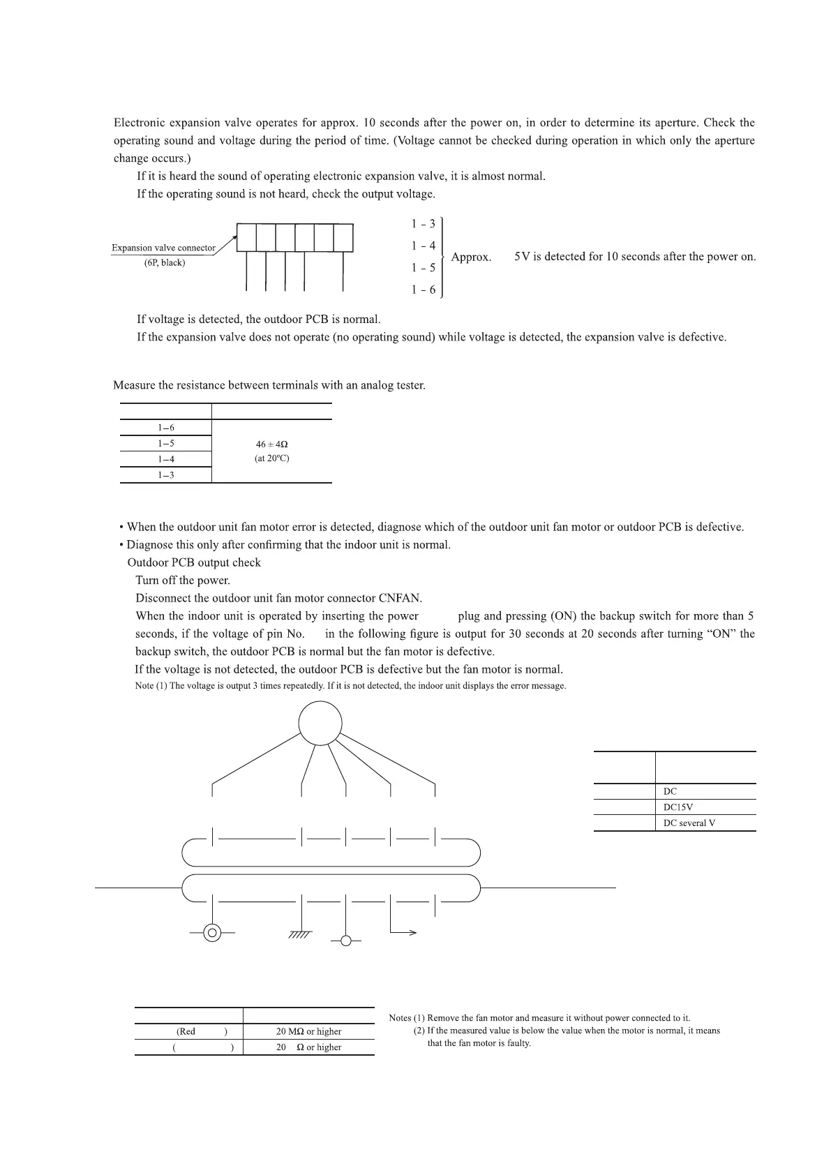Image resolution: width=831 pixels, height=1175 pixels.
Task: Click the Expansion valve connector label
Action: pyautogui.click(x=164, y=248)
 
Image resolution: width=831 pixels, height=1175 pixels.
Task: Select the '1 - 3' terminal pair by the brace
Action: pyautogui.click(x=423, y=224)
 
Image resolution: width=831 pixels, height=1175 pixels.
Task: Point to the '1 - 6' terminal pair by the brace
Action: pyautogui.click(x=423, y=290)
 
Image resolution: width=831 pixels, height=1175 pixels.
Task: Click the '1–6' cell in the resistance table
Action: pyautogui.click(x=166, y=428)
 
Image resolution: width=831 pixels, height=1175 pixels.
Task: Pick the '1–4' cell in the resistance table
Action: pyautogui.click(x=166, y=459)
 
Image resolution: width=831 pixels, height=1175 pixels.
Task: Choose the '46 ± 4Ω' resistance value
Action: pyautogui.click(x=272, y=444)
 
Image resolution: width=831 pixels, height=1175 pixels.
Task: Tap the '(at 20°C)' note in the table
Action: pyautogui.click(x=272, y=458)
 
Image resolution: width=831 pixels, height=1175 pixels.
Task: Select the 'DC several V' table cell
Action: pyautogui.click(x=689, y=823)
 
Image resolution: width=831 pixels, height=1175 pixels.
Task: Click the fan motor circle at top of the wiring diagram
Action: pyautogui.click(x=320, y=722)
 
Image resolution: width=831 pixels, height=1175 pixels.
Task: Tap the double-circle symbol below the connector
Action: pyautogui.click(x=213, y=933)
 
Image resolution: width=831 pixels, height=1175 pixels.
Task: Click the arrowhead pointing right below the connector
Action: pyautogui.click(x=413, y=933)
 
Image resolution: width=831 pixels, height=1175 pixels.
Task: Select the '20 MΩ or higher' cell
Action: pyautogui.click(x=308, y=1031)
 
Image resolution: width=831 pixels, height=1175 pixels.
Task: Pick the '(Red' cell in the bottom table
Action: pyautogui.click(x=186, y=1031)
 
